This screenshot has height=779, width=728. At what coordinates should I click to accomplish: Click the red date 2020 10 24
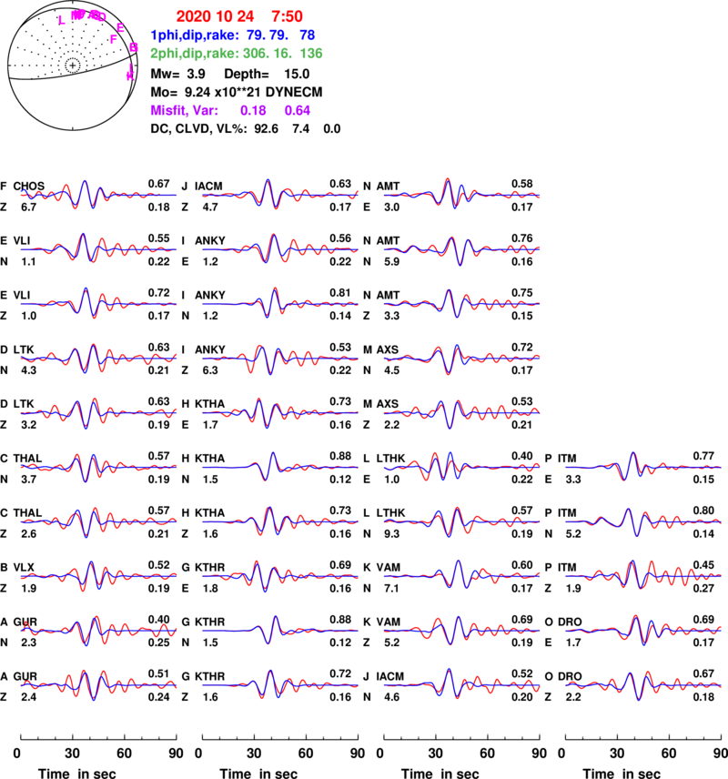[206, 16]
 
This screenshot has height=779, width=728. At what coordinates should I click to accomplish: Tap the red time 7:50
[287, 16]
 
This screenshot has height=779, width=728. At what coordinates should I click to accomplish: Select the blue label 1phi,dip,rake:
[194, 35]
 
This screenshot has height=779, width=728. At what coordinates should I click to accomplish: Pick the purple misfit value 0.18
[253, 110]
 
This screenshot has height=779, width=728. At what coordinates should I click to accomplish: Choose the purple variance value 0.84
[298, 110]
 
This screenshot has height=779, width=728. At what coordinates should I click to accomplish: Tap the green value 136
[310, 53]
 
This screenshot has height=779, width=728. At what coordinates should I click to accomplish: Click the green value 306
[257, 53]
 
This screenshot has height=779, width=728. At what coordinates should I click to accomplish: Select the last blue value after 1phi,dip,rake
[308, 35]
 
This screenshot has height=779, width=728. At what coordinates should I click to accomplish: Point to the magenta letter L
[62, 19]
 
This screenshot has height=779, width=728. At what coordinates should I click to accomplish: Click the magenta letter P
[114, 39]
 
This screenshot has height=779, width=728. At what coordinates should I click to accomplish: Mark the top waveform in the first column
[98, 194]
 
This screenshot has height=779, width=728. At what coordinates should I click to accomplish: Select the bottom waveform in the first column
[98, 684]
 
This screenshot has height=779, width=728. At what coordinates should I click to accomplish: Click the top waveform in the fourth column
[643, 467]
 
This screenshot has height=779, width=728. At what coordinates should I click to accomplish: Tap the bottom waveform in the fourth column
[643, 684]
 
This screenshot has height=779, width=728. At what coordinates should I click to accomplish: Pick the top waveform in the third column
[461, 194]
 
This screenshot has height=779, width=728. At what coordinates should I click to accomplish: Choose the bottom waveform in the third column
[461, 684]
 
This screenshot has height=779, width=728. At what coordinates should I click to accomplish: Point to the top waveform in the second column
[280, 194]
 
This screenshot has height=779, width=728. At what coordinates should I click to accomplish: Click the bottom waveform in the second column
[280, 684]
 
